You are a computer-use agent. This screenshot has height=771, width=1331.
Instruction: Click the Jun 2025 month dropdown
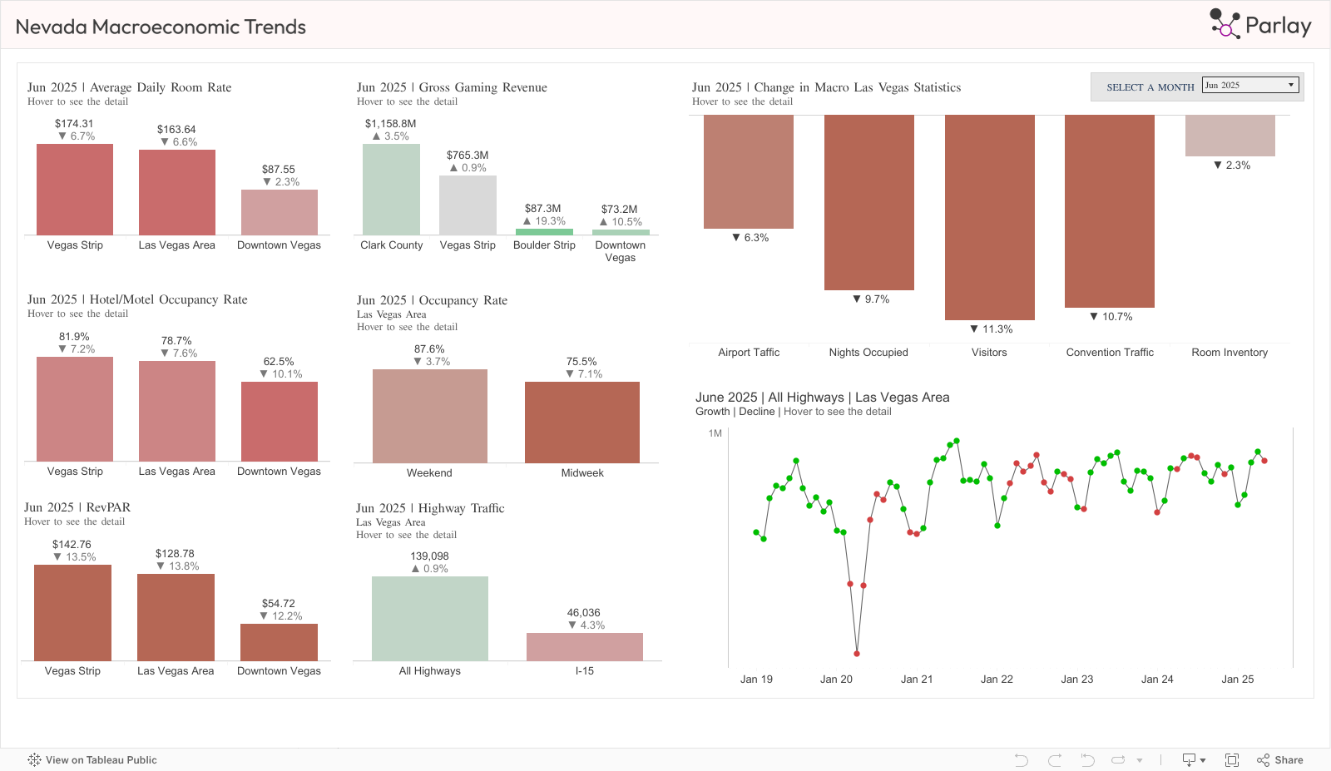[x=1250, y=86]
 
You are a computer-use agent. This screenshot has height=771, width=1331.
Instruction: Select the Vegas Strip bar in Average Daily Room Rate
[x=75, y=190]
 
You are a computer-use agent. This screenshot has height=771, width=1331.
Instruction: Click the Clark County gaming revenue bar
[x=391, y=190]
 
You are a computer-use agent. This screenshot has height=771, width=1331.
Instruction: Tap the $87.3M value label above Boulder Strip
[x=542, y=209]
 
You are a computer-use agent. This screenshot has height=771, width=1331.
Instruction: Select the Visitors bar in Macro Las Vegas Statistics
[x=989, y=216]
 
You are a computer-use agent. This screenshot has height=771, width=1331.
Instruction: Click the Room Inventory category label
[x=1230, y=353]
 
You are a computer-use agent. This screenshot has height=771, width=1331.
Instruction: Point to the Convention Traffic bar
[x=1109, y=210]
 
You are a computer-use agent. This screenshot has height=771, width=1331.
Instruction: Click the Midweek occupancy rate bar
[x=582, y=423]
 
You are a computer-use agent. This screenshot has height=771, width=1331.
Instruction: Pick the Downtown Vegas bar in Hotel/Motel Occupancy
[x=280, y=421]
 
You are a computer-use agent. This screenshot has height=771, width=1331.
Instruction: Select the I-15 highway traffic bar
[x=585, y=647]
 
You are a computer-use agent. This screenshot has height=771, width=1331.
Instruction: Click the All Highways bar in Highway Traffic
[x=429, y=619]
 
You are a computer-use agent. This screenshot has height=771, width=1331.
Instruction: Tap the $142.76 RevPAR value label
[x=72, y=545]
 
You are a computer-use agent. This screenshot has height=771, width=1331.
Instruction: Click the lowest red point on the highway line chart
[x=857, y=654]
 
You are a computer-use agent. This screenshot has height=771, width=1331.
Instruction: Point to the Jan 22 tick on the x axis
[x=997, y=680]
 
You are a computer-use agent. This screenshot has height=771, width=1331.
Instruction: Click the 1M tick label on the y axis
[x=715, y=433]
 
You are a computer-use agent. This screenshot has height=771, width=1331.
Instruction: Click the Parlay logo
[x=1260, y=25]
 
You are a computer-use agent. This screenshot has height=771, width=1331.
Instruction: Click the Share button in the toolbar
[x=1280, y=760]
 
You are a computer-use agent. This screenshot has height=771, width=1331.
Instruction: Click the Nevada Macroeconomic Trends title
[x=161, y=27]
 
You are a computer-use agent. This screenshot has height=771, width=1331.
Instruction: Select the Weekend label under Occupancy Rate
[x=429, y=473]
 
